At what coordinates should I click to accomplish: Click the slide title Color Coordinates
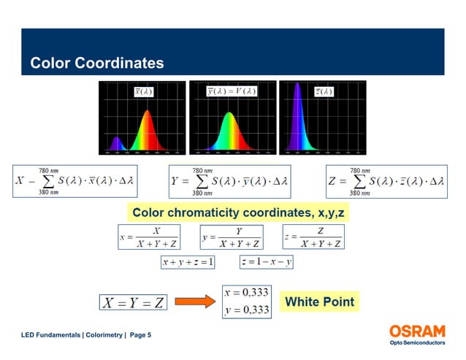[96, 64]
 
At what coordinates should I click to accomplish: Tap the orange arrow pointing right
[193, 301]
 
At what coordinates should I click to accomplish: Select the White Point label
[319, 301]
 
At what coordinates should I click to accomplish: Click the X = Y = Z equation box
[132, 301]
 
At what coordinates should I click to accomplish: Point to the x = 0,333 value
[246, 292]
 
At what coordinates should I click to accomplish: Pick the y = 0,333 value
[246, 310]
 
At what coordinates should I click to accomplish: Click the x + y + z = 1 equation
[188, 262]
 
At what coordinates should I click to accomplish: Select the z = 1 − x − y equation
[267, 262]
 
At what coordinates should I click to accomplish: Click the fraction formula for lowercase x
[149, 237]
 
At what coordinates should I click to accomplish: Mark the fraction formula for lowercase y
[232, 237]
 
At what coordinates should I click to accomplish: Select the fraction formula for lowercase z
[313, 237]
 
